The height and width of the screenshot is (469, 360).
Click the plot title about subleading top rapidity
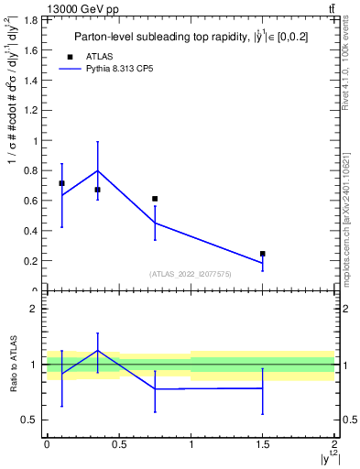click(191, 37)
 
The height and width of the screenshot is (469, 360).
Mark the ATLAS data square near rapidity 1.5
click(263, 254)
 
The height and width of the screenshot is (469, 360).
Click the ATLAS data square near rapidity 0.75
click(155, 199)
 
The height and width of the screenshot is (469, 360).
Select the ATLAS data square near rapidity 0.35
click(97, 190)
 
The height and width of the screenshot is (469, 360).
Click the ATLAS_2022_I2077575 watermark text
click(191, 273)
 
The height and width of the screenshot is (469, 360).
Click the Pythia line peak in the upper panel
click(97, 170)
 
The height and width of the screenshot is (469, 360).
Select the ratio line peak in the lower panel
click(97, 351)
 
